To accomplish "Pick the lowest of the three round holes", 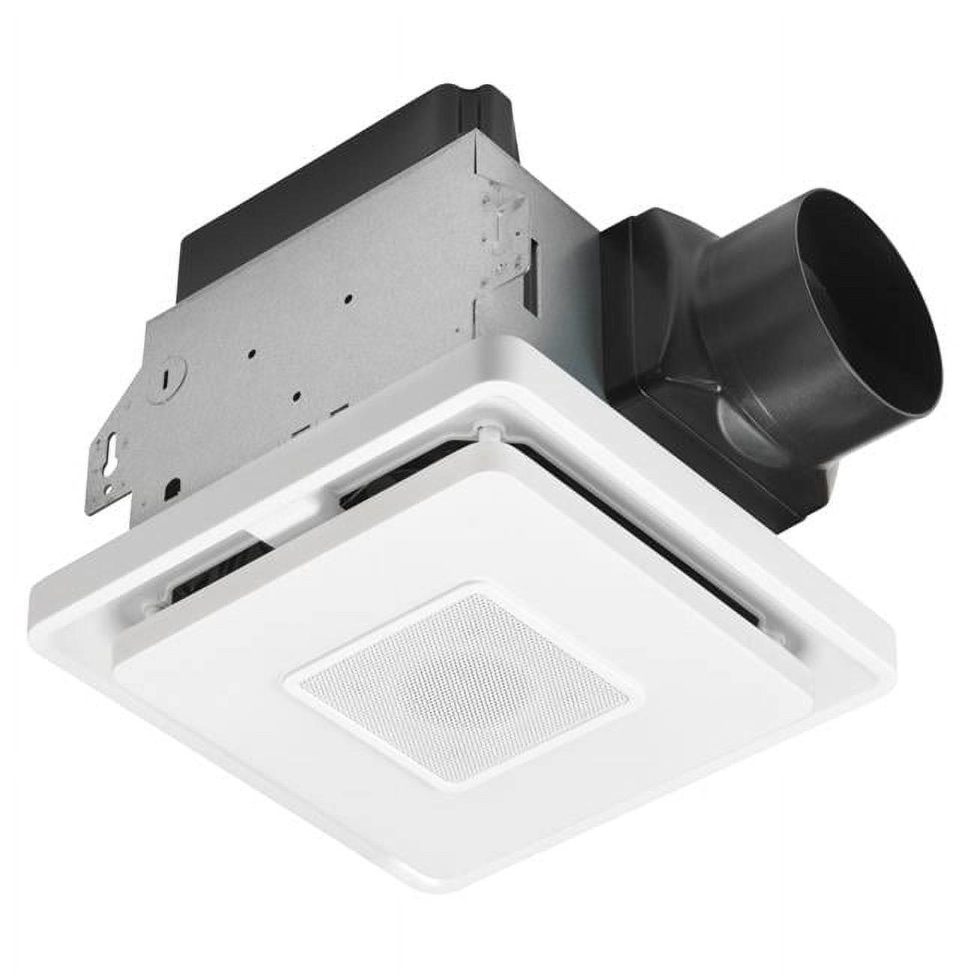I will [297, 392].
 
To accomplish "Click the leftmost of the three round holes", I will [255, 351].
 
